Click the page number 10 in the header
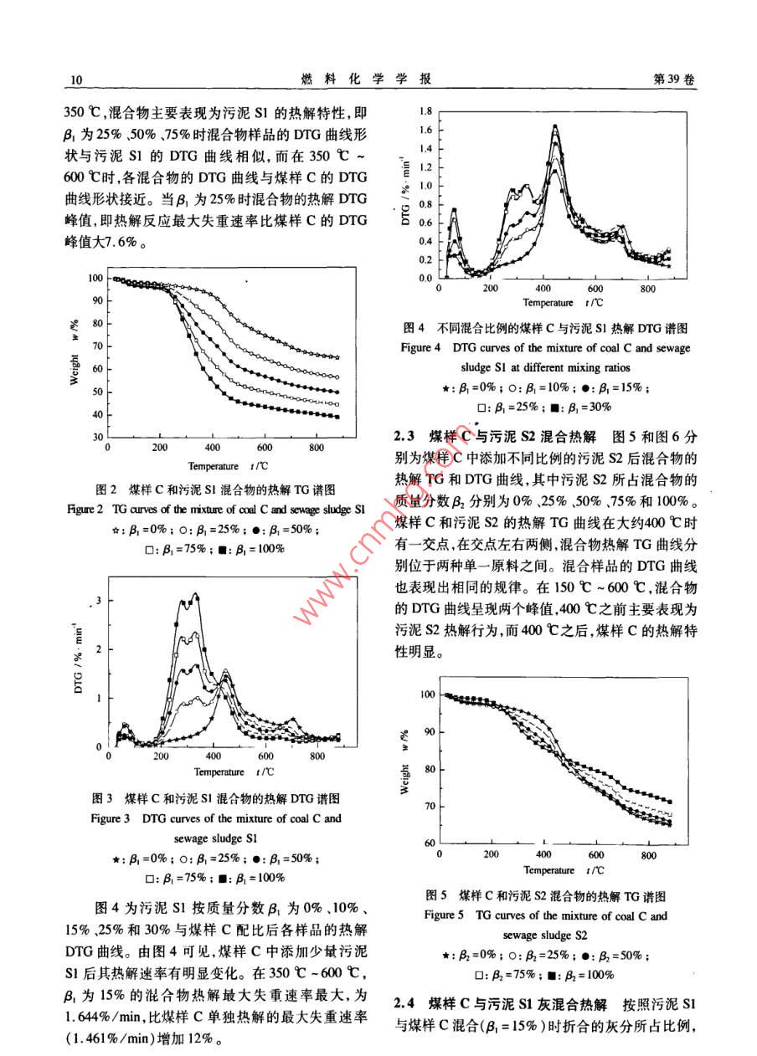tap(74, 79)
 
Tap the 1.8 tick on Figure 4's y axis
tap(425, 111)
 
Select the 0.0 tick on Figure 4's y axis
tap(425, 279)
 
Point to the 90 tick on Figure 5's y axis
tap(430, 732)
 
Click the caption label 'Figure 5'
tap(444, 915)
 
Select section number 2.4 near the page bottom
tap(406, 1002)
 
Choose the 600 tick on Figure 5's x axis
tap(595, 855)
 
